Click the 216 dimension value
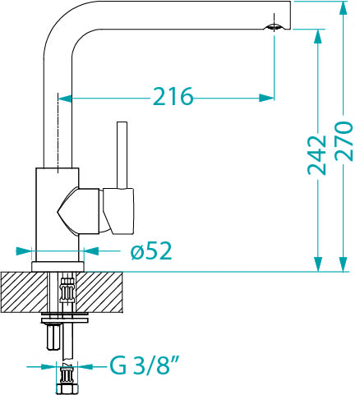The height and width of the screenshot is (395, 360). [173, 98]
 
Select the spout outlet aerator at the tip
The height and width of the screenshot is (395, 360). [274, 27]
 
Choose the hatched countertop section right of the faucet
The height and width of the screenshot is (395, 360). [104, 291]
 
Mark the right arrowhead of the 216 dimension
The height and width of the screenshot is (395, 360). [266, 98]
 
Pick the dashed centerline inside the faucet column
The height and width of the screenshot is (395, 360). [58, 131]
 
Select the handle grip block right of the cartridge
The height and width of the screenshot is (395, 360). [119, 209]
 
